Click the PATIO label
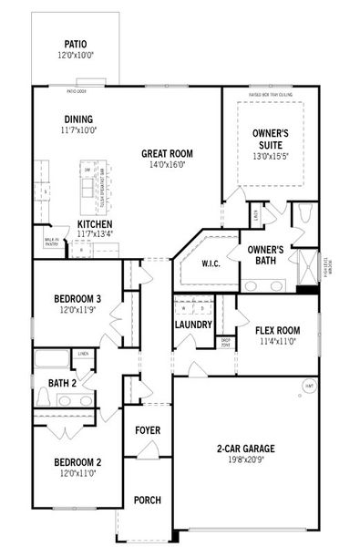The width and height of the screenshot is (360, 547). (76, 43)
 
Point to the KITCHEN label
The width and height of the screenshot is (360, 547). (95, 223)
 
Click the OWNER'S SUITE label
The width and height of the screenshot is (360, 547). (271, 139)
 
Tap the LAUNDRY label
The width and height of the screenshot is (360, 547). (193, 325)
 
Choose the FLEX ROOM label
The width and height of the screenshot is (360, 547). (277, 330)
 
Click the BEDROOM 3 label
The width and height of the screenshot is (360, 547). (77, 298)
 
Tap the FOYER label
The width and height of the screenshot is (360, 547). (148, 429)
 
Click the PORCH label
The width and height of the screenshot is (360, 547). (148, 501)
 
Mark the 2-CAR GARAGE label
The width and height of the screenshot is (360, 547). (245, 448)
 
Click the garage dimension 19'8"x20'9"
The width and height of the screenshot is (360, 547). (245, 459)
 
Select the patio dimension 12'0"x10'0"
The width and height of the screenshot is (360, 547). (76, 54)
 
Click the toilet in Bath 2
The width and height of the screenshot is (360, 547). (43, 397)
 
